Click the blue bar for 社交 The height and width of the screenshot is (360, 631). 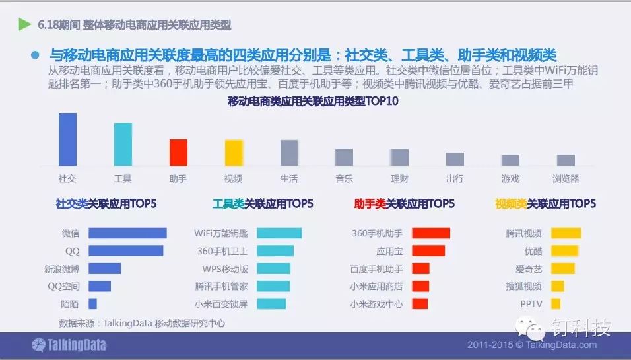pyautogui.click(x=67, y=139)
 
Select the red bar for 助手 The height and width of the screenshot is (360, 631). pyautogui.click(x=178, y=153)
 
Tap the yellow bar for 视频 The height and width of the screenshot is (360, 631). pyautogui.click(x=234, y=153)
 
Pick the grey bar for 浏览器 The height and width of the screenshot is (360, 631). pyautogui.click(x=566, y=161)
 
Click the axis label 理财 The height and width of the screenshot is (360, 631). pyautogui.click(x=399, y=178)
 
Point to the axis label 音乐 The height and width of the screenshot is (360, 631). pyautogui.click(x=344, y=178)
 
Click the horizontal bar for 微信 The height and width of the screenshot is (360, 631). pyautogui.click(x=127, y=233)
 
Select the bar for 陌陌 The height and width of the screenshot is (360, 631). pyautogui.click(x=92, y=304)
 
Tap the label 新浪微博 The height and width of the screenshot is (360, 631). pyautogui.click(x=61, y=269)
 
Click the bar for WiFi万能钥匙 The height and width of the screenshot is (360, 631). pyautogui.click(x=279, y=233)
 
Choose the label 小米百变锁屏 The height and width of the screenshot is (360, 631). pyautogui.click(x=221, y=304)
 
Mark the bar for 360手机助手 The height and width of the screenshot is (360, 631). pyautogui.click(x=431, y=233)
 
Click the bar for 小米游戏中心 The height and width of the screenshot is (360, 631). pyautogui.click(x=420, y=304)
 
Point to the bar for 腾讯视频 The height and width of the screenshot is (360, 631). pyautogui.click(x=566, y=233)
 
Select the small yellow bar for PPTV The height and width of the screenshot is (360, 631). pyautogui.click(x=556, y=304)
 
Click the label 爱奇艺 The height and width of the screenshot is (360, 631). pyautogui.click(x=529, y=269)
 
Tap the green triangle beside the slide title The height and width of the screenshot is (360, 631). pyautogui.click(x=24, y=24)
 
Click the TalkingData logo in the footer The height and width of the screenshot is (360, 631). pyautogui.click(x=69, y=345)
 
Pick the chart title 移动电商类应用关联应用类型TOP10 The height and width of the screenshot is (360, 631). pyautogui.click(x=313, y=101)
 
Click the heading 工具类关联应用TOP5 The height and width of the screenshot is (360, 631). pyautogui.click(x=263, y=203)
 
